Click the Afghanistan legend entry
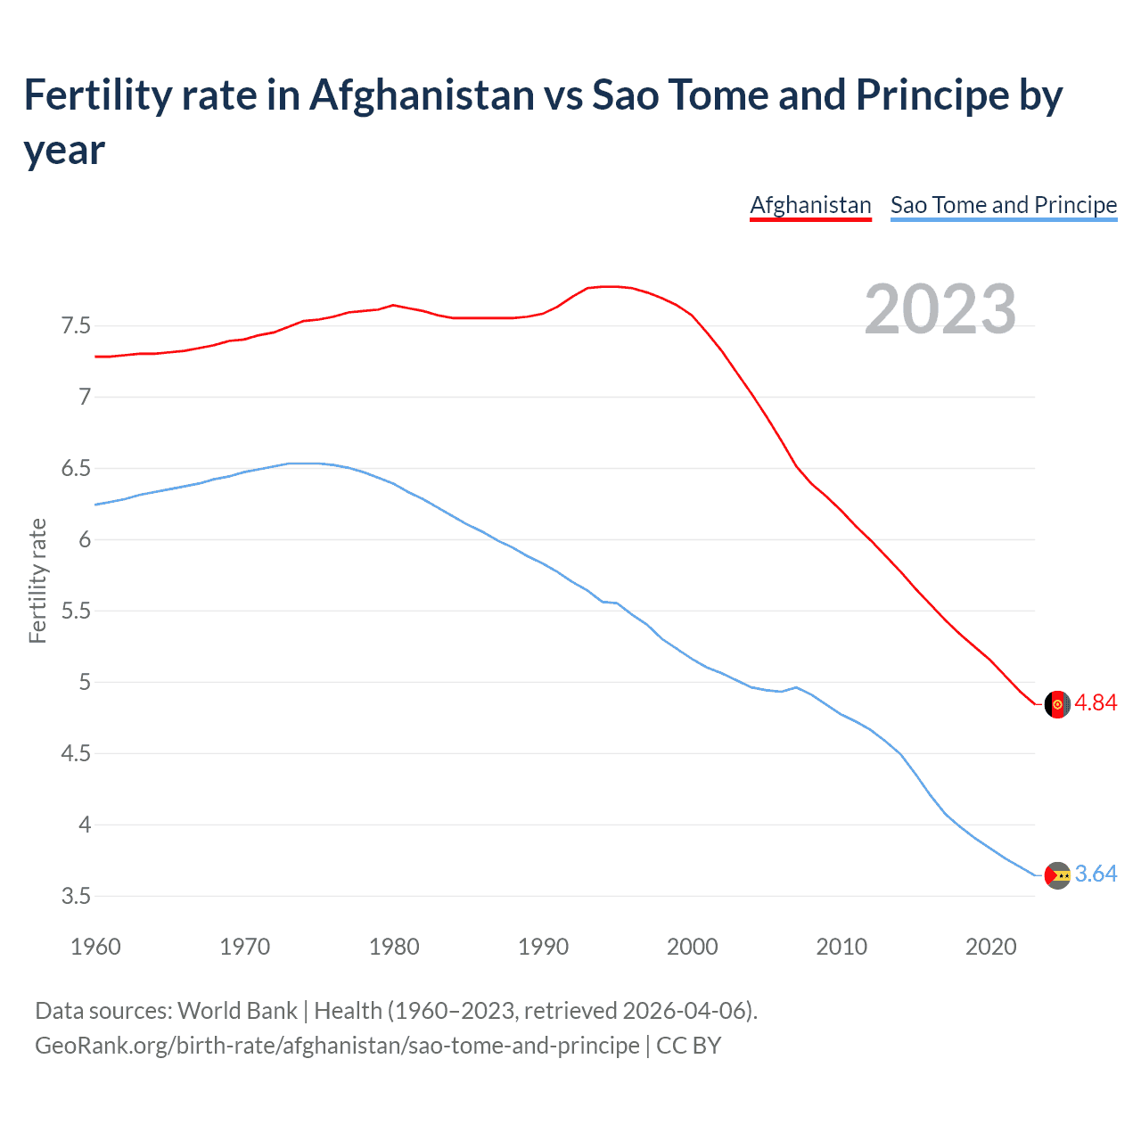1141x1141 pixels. tap(810, 205)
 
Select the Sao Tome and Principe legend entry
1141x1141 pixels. tap(1003, 205)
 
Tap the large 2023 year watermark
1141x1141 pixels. tap(940, 309)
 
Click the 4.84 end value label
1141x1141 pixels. tap(1096, 702)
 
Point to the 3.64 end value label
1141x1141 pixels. tap(1096, 874)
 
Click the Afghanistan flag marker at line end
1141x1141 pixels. tap(1057, 703)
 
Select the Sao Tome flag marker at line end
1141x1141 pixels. tap(1057, 875)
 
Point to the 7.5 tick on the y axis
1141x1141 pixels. tap(76, 325)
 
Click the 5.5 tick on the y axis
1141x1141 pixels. tap(76, 611)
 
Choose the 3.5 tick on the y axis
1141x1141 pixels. tap(76, 896)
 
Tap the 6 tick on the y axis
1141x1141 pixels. tap(85, 539)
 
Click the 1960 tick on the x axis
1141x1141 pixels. tap(95, 946)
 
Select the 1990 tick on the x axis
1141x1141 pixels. tap(543, 946)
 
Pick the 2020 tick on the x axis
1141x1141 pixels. tap(990, 946)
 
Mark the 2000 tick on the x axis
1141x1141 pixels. tap(692, 946)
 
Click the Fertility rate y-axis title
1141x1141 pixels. tap(37, 580)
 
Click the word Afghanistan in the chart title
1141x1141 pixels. tap(422, 94)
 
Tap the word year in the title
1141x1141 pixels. tap(64, 150)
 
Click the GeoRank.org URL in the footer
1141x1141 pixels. tap(337, 1045)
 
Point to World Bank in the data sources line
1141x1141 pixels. tap(237, 1010)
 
